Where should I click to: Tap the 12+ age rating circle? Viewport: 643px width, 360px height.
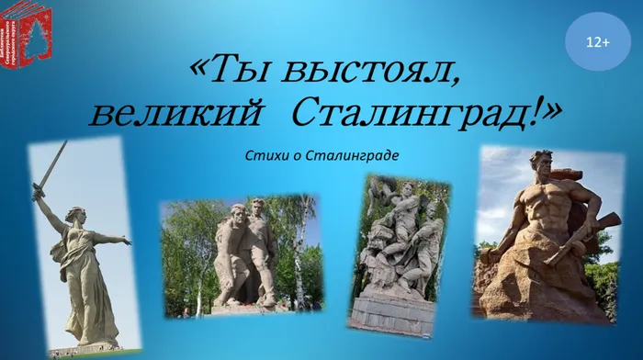click(x=598, y=41)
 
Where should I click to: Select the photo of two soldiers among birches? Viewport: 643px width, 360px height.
click(x=241, y=255)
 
